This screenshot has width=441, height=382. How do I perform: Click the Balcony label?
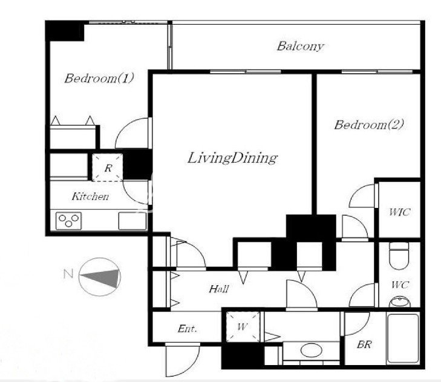point(300,46)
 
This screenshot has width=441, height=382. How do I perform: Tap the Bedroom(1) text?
point(99,78)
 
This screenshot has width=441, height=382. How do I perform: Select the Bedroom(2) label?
point(369,125)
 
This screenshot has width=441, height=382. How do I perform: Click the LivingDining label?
point(232,158)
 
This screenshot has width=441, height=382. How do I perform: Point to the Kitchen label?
point(90,196)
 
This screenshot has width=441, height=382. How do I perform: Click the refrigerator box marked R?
point(108,167)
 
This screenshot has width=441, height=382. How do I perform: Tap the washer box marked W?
point(243,327)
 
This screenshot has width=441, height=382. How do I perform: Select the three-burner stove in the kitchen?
point(68,221)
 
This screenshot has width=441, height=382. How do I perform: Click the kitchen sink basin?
point(132,221)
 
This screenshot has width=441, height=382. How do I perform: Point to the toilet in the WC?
point(399,256)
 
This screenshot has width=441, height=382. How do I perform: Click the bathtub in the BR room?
point(403,338)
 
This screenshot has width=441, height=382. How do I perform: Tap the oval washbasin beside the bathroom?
point(312,350)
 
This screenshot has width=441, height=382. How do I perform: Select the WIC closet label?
point(399,212)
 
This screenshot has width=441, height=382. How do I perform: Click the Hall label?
point(219,289)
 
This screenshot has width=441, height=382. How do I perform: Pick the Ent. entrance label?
point(187,329)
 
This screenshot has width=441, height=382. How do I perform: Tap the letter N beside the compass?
point(68,274)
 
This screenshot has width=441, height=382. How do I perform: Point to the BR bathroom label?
point(365,345)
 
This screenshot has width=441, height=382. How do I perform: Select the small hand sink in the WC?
point(399,302)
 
